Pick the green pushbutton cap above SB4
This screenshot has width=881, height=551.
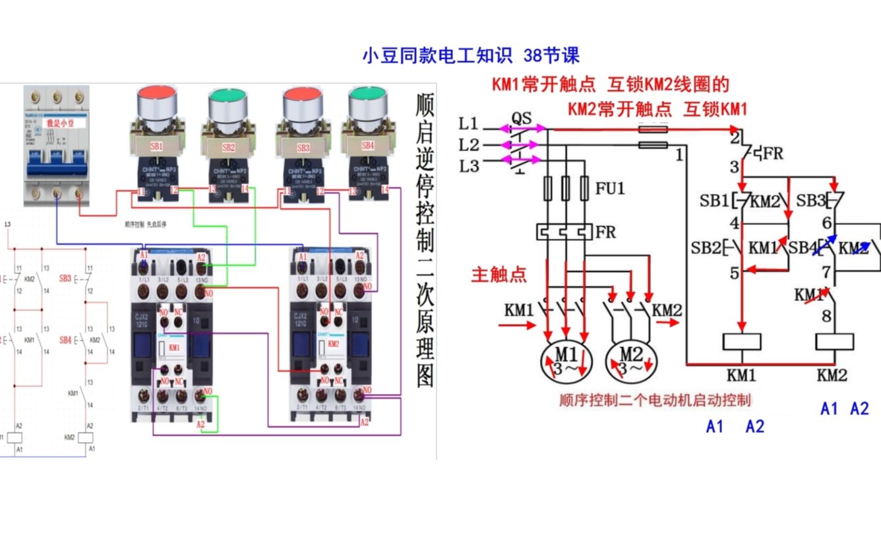[x=367, y=99]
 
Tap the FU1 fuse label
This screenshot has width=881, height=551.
[x=611, y=189]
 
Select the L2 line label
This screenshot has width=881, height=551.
[x=470, y=145]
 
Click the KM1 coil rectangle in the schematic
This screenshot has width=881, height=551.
[x=742, y=341]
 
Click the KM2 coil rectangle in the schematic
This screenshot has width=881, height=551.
[x=835, y=341]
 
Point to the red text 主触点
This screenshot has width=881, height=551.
[x=499, y=275]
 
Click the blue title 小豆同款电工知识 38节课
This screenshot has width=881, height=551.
[x=470, y=55]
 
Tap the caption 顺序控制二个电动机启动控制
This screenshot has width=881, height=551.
[x=655, y=400]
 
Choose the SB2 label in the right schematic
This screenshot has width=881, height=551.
[x=704, y=247]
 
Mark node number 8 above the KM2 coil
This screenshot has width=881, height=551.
[x=826, y=316]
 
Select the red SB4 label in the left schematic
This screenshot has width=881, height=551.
[x=65, y=340]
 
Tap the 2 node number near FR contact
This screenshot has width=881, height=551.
[x=734, y=138]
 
